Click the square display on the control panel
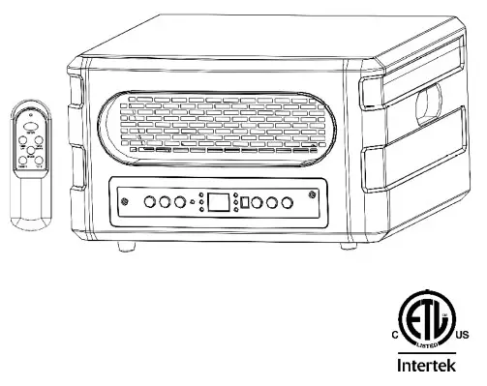219,203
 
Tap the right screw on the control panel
312,196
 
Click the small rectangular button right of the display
245,203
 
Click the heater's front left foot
125,247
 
